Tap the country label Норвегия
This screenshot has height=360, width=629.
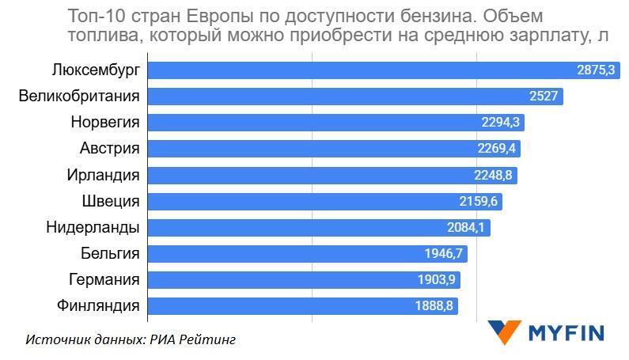coord(104,123)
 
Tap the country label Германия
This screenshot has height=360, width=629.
coord(104,279)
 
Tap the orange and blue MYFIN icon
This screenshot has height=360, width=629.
coord(504,332)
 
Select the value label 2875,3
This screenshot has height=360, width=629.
coord(596,70)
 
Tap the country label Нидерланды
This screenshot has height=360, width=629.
coord(93,227)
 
